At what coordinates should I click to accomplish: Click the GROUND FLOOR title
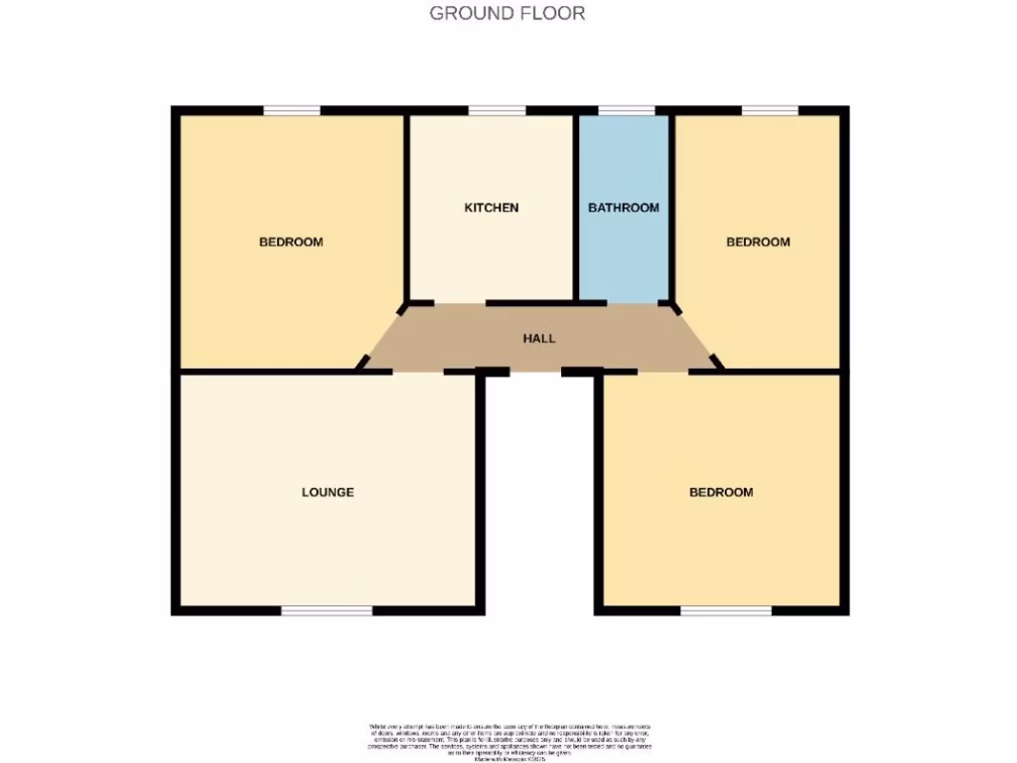tap(507, 13)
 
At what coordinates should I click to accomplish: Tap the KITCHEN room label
tap(492, 208)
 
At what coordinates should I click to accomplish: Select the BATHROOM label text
tap(624, 208)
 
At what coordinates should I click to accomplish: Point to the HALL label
tap(539, 339)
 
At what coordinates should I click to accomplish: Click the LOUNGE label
tap(328, 492)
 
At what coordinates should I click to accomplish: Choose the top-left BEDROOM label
tap(291, 241)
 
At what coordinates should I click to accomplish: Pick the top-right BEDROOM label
tap(758, 241)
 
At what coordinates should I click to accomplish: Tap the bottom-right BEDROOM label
tap(721, 492)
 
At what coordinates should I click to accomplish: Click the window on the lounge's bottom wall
tap(327, 610)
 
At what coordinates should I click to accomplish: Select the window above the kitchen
tap(497, 110)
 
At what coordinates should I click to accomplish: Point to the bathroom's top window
tap(627, 110)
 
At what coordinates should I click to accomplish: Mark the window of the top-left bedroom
tap(292, 110)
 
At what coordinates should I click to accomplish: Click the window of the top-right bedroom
tap(770, 110)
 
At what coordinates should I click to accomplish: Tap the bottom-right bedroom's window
tap(726, 610)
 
